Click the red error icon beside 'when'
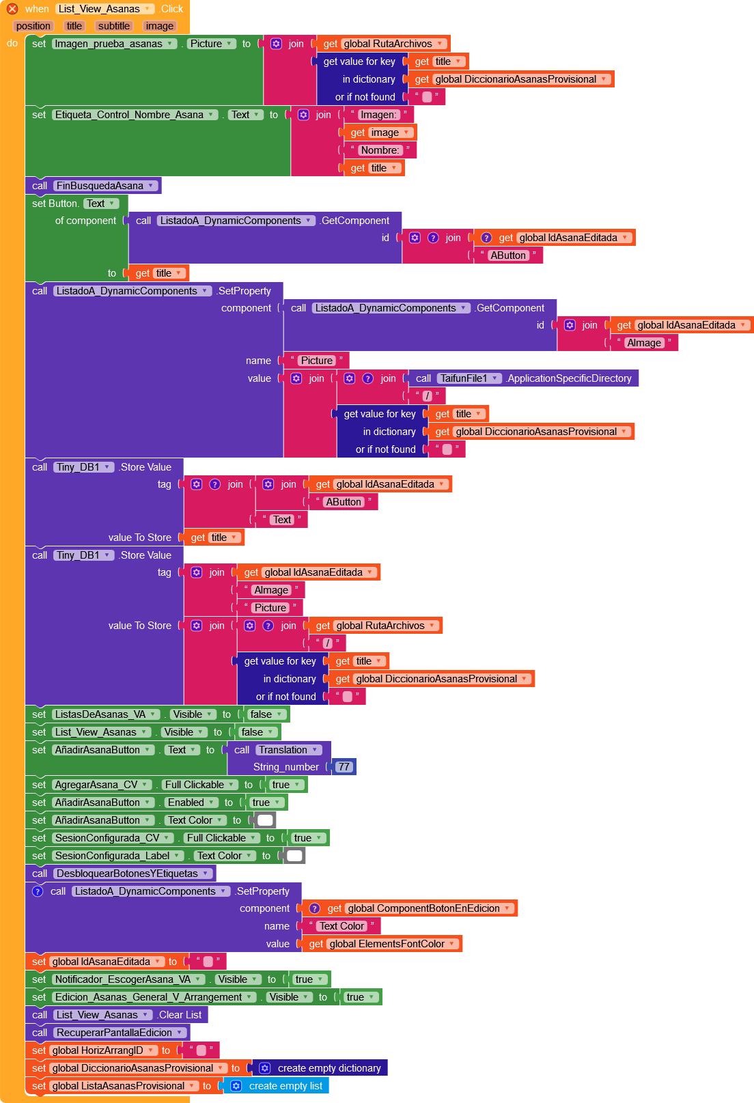12,9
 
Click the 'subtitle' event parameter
113,26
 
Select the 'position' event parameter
33,26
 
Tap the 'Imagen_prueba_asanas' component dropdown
113,44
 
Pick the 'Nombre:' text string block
380,150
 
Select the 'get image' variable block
380,132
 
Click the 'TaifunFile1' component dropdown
469,378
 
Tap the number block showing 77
344,767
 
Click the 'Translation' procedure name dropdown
288,750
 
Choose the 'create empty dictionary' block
329,1068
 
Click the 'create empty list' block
285,1086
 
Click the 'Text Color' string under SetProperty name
341,926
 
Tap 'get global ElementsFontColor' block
382,944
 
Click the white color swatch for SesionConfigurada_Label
294,856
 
